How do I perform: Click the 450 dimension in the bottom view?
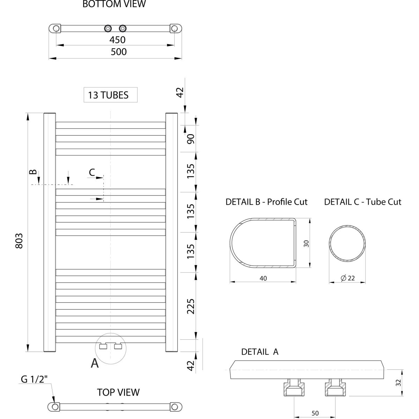pyautogui.click(x=117, y=40)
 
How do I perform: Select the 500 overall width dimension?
pyautogui.click(x=118, y=52)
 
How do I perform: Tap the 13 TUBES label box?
pyautogui.click(x=110, y=95)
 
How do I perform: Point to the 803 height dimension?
pyautogui.click(x=19, y=241)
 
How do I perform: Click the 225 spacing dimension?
pyautogui.click(x=191, y=306)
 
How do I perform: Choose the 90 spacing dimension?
pyautogui.click(x=191, y=139)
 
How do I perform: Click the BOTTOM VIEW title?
pyautogui.click(x=114, y=4)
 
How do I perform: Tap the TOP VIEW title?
pyautogui.click(x=118, y=392)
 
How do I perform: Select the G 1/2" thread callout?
pyautogui.click(x=34, y=379)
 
